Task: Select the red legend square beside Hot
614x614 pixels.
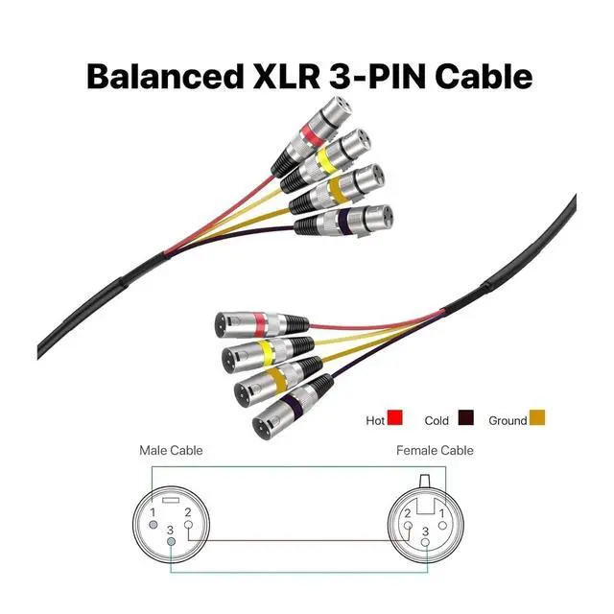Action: pos(395,419)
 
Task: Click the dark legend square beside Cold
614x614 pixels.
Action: pos(466,419)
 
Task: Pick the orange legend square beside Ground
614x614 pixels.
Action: pos(538,419)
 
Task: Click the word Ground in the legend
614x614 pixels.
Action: pos(508,420)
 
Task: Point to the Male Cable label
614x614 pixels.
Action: pos(171,450)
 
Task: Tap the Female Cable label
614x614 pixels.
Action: pos(435,450)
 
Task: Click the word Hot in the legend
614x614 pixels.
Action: pos(375,420)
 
